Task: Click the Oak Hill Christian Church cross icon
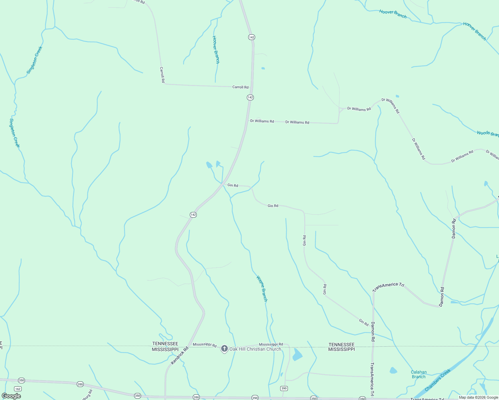click(x=224, y=349)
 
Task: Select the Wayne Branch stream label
click(x=262, y=288)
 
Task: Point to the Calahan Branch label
click(x=419, y=374)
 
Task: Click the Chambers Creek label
click(x=438, y=380)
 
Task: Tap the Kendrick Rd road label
click(x=180, y=355)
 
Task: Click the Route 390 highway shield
click(x=284, y=388)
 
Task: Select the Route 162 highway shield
click(x=18, y=389)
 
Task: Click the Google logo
click(x=11, y=396)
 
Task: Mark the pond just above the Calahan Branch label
click(x=393, y=370)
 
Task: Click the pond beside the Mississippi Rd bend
click(x=297, y=355)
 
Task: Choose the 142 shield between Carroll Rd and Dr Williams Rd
click(x=250, y=97)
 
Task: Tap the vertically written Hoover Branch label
click(x=216, y=50)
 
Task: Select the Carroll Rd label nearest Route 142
click(x=240, y=87)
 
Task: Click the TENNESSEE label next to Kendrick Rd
click(x=165, y=344)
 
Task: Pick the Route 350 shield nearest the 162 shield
click(x=22, y=380)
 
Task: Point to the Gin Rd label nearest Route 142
click(x=233, y=185)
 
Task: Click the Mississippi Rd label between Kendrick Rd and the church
click(x=204, y=345)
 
